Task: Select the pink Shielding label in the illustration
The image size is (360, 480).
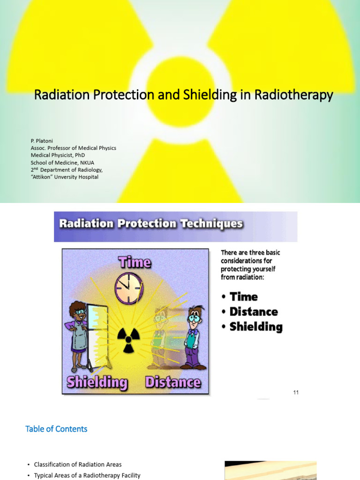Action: point(97,382)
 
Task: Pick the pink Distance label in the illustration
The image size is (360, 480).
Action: point(173,382)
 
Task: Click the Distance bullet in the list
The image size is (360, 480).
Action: point(254,312)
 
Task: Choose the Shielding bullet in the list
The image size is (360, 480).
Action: point(256,327)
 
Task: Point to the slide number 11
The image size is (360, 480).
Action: point(296,392)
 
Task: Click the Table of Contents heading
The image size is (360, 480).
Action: point(56,429)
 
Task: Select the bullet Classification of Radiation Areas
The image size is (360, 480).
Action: point(78,465)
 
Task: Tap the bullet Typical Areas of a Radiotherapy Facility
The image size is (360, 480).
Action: point(87,475)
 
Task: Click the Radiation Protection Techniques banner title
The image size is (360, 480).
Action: point(151,224)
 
